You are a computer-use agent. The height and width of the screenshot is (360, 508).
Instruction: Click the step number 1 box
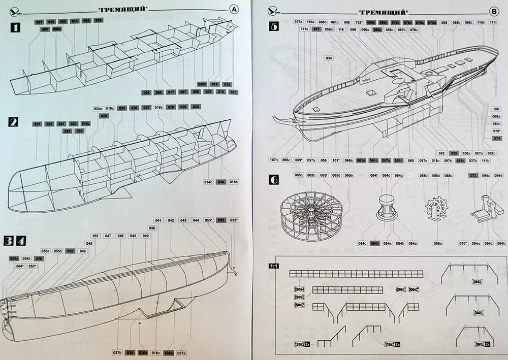[15, 28]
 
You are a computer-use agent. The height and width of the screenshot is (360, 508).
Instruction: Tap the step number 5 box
[274, 27]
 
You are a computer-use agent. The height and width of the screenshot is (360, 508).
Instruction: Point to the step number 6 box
[274, 180]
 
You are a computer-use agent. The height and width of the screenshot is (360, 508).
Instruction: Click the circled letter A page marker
[234, 9]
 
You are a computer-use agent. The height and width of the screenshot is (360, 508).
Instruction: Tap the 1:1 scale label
[274, 266]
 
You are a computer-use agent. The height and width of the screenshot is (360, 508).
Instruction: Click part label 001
[39, 22]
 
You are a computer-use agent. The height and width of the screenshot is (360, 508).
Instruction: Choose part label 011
[233, 92]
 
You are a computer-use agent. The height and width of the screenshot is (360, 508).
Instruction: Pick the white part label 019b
[158, 108]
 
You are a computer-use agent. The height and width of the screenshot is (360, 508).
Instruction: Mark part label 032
[196, 107]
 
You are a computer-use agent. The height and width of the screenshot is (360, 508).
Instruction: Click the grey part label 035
[220, 220]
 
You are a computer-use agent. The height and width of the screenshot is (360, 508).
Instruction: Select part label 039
[130, 353]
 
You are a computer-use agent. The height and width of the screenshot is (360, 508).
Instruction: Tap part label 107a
[299, 22]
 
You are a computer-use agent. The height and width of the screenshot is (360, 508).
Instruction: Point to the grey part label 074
[497, 138]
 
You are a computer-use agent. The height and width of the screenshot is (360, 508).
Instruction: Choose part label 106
[497, 109]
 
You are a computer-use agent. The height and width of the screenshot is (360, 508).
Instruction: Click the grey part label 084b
[374, 244]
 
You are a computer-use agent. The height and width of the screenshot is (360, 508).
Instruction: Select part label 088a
[437, 244]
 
